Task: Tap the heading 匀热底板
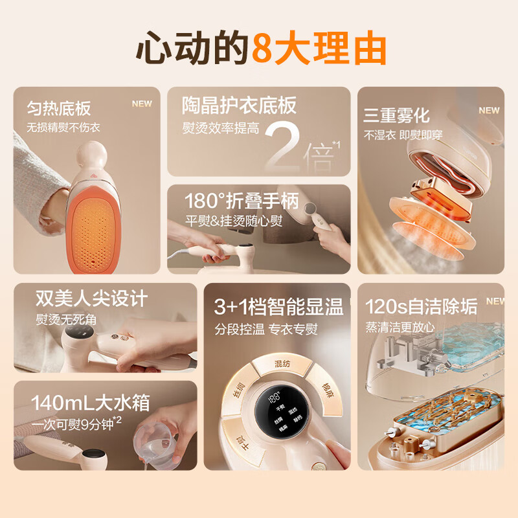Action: pos(59,107)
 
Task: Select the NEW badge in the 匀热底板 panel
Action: pos(142,104)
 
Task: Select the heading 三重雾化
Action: pos(396,116)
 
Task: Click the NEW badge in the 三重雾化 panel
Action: pos(489,110)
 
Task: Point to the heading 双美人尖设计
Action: pos(92,298)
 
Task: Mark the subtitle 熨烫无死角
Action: pos(69,319)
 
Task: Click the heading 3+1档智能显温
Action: pos(278,307)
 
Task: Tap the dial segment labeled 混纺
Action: pos(282,365)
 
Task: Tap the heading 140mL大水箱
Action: pos(90,403)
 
